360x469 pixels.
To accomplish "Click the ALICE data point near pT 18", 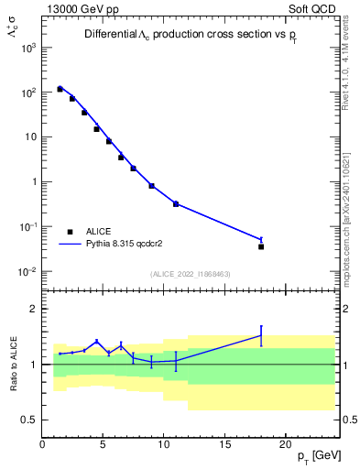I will pos(261,246).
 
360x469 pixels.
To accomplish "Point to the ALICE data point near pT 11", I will pos(176,204).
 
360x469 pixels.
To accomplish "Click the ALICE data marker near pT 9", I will pos(151,186).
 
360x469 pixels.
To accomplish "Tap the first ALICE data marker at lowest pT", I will pos(60,89).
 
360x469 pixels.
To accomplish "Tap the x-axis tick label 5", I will pos(103,445).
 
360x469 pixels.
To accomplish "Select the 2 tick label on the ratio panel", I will pos(33,309).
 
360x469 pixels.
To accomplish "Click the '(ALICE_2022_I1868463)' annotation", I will pos(191,274).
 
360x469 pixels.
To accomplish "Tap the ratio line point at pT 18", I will pos(261,335).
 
